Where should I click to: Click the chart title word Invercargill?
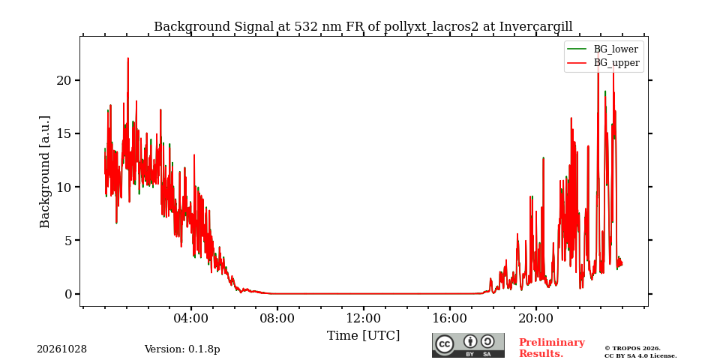point(535,27)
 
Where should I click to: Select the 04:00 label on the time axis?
point(191,319)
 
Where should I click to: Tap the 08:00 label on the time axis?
point(277,319)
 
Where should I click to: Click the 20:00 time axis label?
point(535,319)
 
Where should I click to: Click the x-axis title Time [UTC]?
point(363,336)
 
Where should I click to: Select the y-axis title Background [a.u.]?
point(44,172)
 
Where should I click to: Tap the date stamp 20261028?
point(62,349)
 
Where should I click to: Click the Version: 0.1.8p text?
point(182,349)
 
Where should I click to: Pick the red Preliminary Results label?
point(552,348)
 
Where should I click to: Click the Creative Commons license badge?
point(468,345)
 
